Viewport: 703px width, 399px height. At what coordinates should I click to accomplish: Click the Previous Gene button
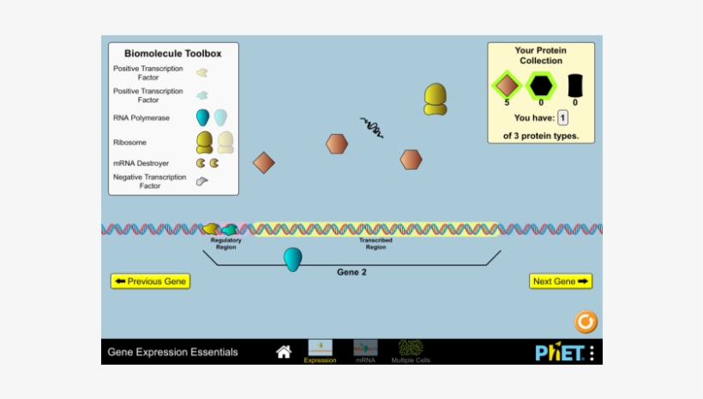(150, 281)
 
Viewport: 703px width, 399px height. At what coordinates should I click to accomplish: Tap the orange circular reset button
(586, 322)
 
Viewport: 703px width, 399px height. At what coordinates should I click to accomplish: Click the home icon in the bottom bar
(284, 352)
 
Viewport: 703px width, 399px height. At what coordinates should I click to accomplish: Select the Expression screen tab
(320, 351)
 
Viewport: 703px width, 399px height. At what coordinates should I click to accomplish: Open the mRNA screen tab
(365, 351)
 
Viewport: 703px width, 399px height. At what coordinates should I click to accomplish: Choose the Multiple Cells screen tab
(411, 351)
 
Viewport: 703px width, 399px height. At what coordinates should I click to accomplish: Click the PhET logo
(559, 352)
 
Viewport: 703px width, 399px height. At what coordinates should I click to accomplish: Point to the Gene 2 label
(351, 272)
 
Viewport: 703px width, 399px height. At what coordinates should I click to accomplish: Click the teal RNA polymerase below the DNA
(293, 259)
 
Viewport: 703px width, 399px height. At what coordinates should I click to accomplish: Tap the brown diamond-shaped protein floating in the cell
(264, 162)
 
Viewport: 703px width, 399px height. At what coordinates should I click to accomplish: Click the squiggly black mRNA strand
(371, 127)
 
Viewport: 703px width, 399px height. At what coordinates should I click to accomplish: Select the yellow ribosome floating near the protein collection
(436, 100)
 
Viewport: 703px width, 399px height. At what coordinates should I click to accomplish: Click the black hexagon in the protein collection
(541, 85)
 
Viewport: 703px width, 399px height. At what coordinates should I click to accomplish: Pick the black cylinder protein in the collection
(575, 85)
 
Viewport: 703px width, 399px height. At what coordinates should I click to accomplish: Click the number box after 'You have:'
(563, 118)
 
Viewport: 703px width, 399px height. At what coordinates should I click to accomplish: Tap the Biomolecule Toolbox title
(173, 53)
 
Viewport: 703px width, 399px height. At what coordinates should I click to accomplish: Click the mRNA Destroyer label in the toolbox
(141, 163)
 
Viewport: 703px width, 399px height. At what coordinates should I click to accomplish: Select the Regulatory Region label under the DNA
(226, 243)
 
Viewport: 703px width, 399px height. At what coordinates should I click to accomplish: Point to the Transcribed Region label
(376, 243)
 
